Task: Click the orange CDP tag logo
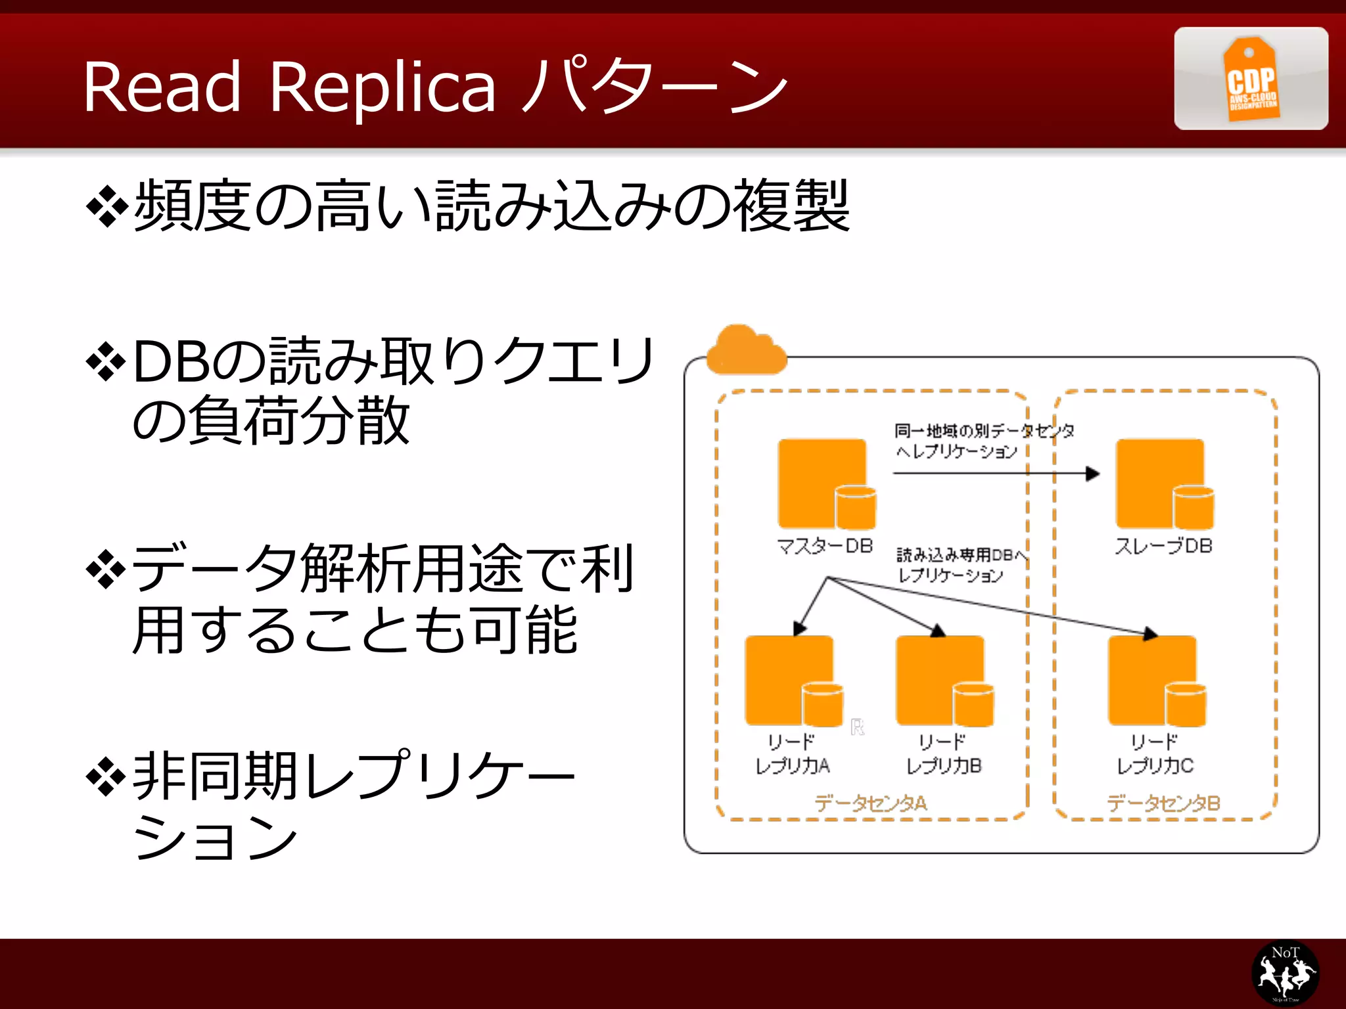(x=1251, y=79)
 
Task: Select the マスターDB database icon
(x=826, y=484)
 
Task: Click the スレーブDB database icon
(x=1164, y=484)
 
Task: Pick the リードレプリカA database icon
(x=793, y=681)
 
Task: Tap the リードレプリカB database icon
(x=944, y=681)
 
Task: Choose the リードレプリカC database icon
(x=1156, y=681)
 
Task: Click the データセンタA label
(x=871, y=803)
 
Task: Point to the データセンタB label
(x=1163, y=803)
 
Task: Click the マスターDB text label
(x=825, y=546)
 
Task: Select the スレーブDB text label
(x=1163, y=546)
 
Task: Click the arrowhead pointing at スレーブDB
(x=1093, y=474)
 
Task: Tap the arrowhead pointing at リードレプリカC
(x=1150, y=634)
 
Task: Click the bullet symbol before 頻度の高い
(x=106, y=208)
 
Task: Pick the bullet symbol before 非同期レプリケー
(x=106, y=777)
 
